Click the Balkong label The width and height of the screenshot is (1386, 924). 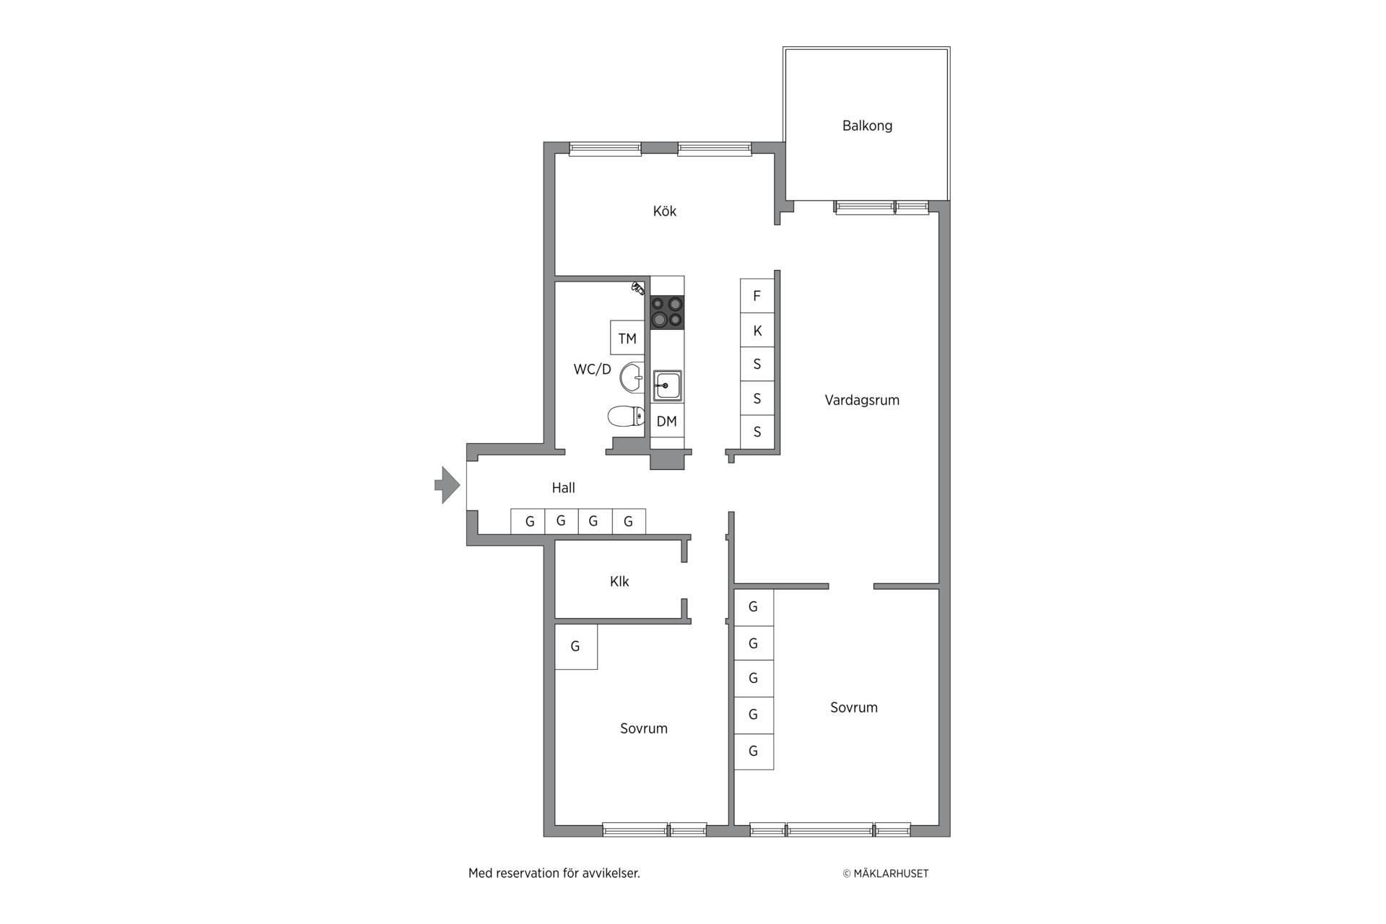[867, 126]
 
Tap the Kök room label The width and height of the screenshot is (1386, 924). [664, 211]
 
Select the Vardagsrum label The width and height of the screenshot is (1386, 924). [862, 400]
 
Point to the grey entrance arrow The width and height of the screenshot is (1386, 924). [447, 485]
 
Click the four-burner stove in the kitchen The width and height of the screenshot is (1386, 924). [667, 313]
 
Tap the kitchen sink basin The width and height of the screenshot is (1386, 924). [667, 386]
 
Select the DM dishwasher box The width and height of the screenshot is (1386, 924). [667, 421]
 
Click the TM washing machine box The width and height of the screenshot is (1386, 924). [627, 338]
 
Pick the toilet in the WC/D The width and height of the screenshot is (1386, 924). [626, 417]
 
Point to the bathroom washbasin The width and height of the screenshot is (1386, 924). [632, 377]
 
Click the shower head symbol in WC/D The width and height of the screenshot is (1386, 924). [638, 287]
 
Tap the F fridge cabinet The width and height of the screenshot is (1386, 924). [757, 296]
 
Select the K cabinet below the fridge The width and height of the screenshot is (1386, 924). [757, 331]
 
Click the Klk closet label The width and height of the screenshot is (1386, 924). [619, 582]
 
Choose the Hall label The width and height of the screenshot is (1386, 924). [563, 488]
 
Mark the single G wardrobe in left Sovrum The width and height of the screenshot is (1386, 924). [576, 647]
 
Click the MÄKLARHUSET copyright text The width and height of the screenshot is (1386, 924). [886, 873]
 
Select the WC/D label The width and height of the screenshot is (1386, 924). [592, 370]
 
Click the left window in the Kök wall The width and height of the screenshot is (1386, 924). [605, 149]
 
